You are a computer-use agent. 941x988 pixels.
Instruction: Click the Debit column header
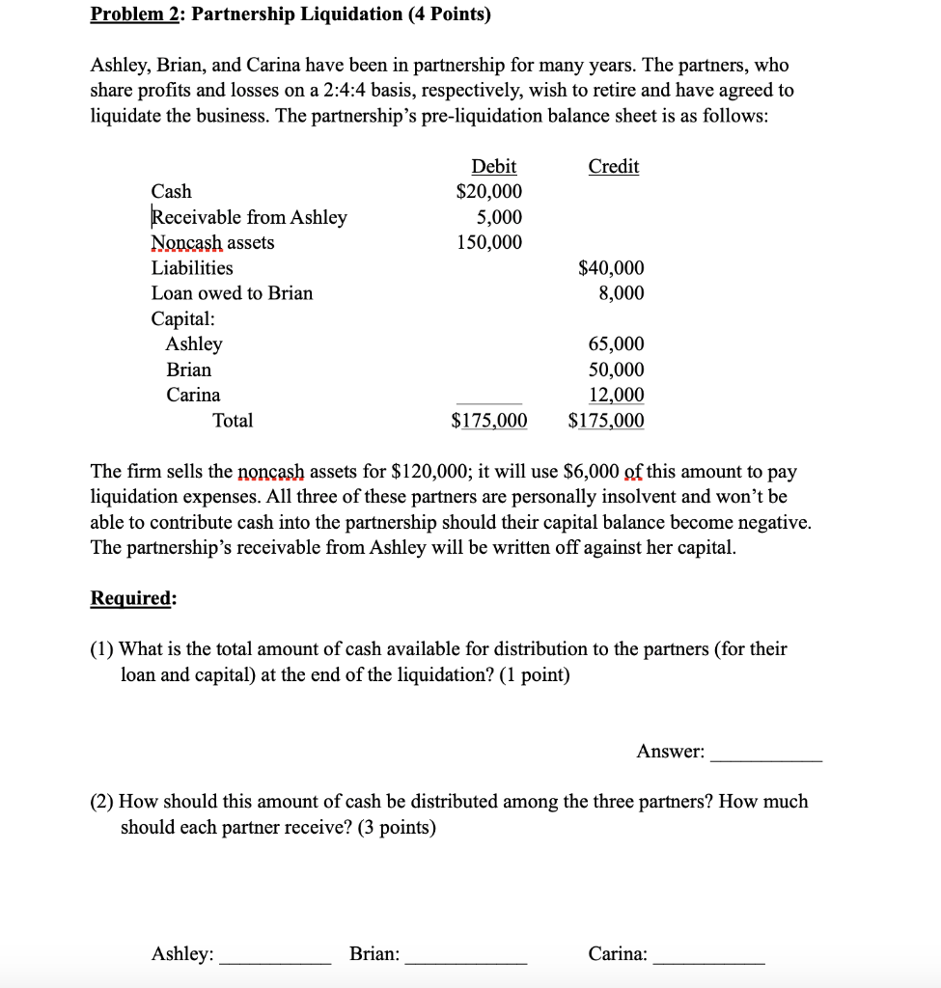[493, 166]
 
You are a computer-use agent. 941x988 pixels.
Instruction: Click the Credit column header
[614, 166]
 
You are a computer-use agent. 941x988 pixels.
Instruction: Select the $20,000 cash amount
[489, 191]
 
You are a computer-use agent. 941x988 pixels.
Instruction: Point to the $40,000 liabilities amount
[611, 268]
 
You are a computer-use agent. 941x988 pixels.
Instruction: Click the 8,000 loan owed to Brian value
[621, 293]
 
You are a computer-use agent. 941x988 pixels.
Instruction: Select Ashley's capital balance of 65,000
[616, 344]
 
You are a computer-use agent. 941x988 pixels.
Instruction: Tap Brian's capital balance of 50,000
[616, 370]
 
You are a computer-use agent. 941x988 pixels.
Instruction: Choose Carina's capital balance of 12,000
[616, 395]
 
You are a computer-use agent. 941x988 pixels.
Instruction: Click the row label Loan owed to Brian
[232, 293]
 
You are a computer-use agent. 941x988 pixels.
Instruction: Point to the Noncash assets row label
[212, 242]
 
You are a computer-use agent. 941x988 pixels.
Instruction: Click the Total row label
[233, 421]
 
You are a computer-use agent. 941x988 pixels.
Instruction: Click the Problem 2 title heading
[290, 14]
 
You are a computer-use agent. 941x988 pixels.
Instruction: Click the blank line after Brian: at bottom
[466, 961]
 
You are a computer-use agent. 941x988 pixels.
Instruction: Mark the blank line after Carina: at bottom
[709, 961]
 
